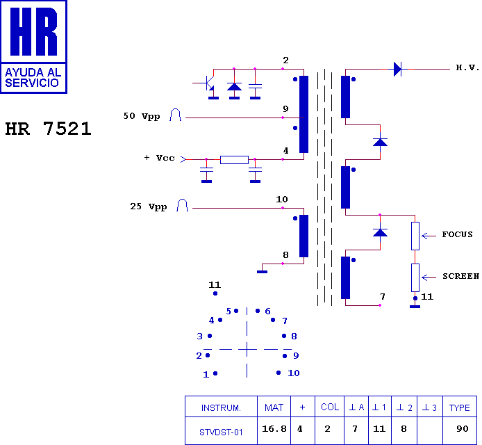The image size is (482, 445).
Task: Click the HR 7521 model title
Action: pos(48,129)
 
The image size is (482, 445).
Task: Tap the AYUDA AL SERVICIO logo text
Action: pos(33,78)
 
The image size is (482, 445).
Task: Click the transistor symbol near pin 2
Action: pos(208,83)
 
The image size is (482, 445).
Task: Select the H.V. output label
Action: pos(467,67)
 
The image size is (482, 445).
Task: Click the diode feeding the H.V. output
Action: pos(397,69)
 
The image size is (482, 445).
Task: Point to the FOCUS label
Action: pos(457,234)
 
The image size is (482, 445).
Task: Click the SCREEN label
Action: pos(460,276)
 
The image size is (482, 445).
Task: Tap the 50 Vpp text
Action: pos(142,116)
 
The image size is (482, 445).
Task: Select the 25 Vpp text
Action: pos(149,207)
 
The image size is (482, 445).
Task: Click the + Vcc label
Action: pos(159,158)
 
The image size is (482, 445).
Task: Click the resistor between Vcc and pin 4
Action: pos(234,160)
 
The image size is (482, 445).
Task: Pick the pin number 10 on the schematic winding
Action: pos(282,200)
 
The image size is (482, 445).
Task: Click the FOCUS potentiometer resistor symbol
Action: pos(415,236)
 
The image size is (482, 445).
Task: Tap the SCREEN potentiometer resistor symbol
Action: pos(415,277)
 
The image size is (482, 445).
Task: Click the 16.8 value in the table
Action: pos(274,429)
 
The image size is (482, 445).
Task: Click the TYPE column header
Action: pos(459,407)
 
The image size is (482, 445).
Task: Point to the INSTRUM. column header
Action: pos(221,408)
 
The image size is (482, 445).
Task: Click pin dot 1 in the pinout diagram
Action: pos(215,373)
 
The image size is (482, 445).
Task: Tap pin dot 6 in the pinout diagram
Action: pos(258,311)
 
